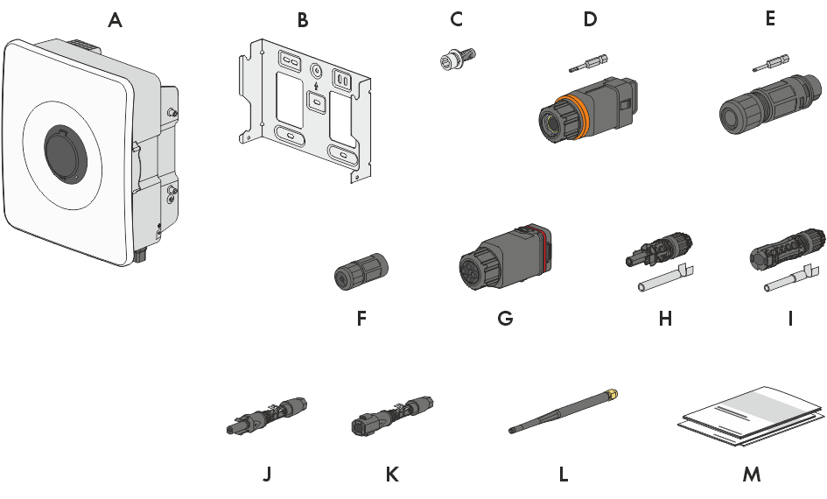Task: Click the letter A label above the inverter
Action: tap(115, 20)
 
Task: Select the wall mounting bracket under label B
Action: tap(305, 109)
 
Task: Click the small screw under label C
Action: tap(458, 58)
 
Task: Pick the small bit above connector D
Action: tap(589, 63)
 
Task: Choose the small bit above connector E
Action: tap(771, 63)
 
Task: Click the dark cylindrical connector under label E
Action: tap(771, 104)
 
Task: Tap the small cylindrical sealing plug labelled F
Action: tap(361, 270)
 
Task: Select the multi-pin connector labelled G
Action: tap(505, 257)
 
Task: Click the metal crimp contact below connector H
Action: tap(666, 278)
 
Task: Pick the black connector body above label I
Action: tap(788, 248)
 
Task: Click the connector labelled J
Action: tap(267, 415)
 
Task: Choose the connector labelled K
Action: tap(392, 415)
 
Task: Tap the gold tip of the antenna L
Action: tap(612, 393)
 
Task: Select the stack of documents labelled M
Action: tap(750, 416)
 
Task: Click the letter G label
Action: tap(505, 319)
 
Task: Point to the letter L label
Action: tap(564, 474)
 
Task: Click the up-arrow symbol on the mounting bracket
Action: tap(316, 85)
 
